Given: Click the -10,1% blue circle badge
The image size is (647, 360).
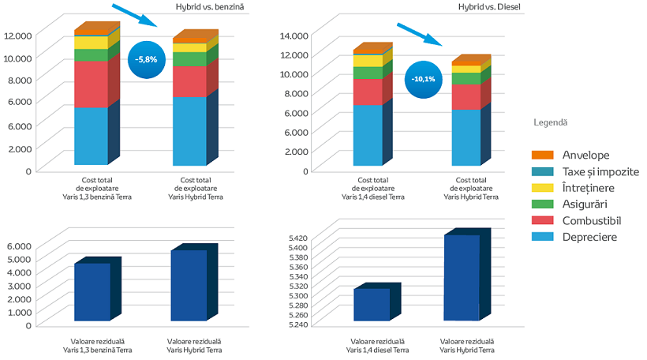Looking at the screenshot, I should (x=424, y=80).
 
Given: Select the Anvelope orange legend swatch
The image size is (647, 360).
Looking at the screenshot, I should (x=542, y=155).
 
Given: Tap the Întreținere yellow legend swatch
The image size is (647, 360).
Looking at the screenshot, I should (x=542, y=188).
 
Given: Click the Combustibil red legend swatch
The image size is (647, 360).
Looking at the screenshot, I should (x=542, y=221).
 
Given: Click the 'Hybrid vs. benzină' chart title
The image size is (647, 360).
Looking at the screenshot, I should (x=210, y=8).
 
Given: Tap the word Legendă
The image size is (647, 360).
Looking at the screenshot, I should (x=550, y=123).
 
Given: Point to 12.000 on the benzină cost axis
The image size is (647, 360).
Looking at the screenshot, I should (x=17, y=35).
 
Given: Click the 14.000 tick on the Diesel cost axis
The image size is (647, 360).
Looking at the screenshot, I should (x=296, y=35).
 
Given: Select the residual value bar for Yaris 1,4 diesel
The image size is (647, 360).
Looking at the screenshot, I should (x=372, y=304).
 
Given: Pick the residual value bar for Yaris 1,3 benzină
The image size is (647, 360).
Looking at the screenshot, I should (x=92, y=291).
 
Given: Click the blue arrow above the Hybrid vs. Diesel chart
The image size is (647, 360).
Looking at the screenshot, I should (x=417, y=35).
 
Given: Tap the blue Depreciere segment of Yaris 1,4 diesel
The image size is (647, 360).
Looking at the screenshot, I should (x=368, y=135).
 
